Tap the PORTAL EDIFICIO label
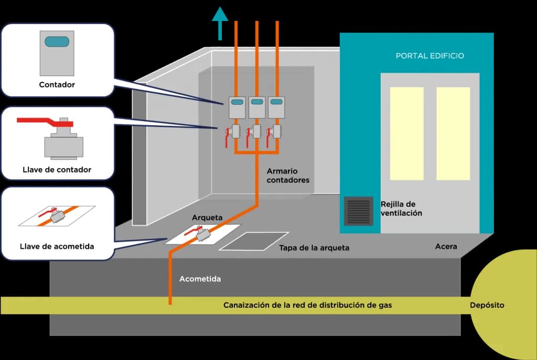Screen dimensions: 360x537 coord(429,56)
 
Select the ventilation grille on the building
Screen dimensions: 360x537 coord(359,211)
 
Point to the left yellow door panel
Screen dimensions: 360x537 coord(406,133)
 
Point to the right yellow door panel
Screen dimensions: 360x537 coord(453,133)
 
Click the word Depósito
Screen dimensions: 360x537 coord(487,305)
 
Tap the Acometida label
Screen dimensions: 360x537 coord(200,279)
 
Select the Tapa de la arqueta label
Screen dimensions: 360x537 coord(314,248)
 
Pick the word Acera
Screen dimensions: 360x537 coord(446,246)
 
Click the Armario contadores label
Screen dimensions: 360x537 coord(288,176)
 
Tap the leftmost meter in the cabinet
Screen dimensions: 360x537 coord(237,107)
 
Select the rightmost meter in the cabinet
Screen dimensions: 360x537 coord(276,107)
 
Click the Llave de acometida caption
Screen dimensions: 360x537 coord(57,246)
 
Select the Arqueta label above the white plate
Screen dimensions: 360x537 coord(207,217)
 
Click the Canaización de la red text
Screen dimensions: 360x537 coord(307,305)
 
